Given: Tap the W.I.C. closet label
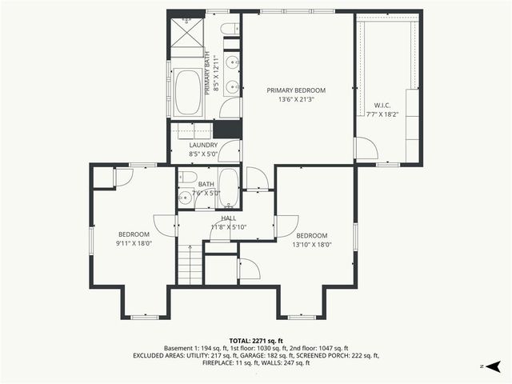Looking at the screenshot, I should click(x=381, y=105).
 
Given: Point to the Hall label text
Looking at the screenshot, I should click(x=229, y=218).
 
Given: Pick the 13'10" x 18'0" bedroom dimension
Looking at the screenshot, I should click(x=311, y=245).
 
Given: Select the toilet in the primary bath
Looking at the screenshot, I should click(x=229, y=30).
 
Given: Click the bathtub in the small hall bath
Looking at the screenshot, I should click(x=227, y=188).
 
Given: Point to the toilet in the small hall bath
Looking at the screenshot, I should click(x=188, y=177).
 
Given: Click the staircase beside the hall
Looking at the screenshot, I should click(x=189, y=265).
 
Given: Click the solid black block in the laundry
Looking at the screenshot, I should click(x=227, y=129).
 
